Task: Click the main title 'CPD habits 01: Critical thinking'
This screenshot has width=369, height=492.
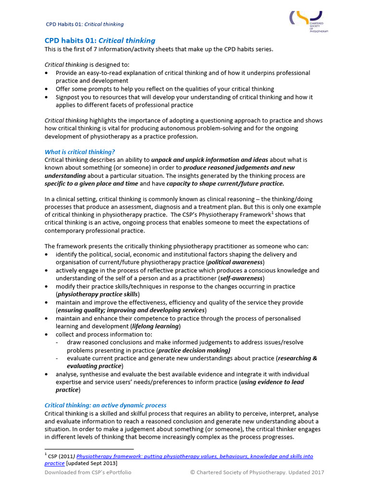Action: pyautogui.click(x=100, y=41)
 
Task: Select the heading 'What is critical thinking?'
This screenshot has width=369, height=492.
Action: pyautogui.click(x=80, y=152)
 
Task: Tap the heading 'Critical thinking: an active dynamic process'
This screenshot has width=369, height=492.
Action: pyautogui.click(x=106, y=406)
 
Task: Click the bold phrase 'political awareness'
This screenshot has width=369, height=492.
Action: pyautogui.click(x=235, y=262)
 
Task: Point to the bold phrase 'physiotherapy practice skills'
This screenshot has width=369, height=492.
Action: pyautogui.click(x=98, y=294)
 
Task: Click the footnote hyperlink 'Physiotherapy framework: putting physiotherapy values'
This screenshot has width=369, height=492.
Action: pyautogui.click(x=195, y=456)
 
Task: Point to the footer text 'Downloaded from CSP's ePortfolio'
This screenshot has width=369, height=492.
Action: pyautogui.click(x=88, y=472)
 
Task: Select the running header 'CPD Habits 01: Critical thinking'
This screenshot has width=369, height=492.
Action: pyautogui.click(x=85, y=24)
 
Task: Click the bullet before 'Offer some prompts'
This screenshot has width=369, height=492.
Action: pyautogui.click(x=46, y=89)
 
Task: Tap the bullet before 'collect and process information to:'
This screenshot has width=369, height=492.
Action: pyautogui.click(x=46, y=334)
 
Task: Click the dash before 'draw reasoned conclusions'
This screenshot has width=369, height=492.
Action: pyautogui.click(x=58, y=343)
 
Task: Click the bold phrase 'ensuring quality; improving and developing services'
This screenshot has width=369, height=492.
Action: pyautogui.click(x=131, y=310)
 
